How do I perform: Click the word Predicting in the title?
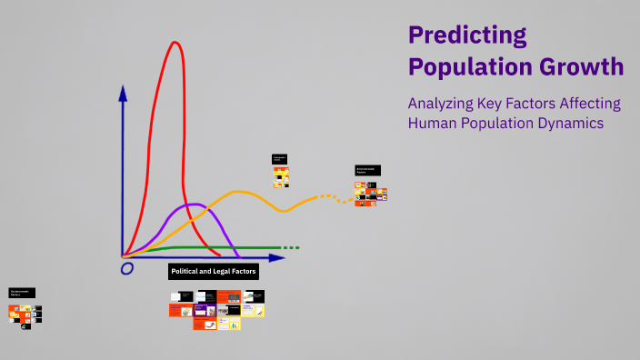467,35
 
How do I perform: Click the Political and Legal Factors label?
214,271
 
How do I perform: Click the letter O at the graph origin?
127,269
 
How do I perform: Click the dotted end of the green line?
289,247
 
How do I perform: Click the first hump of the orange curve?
240,192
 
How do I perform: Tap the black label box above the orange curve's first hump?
279,159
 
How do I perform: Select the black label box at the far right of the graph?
367,170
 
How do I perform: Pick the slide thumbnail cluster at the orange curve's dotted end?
371,194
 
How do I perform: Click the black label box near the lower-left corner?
22,293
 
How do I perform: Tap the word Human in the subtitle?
433,123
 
